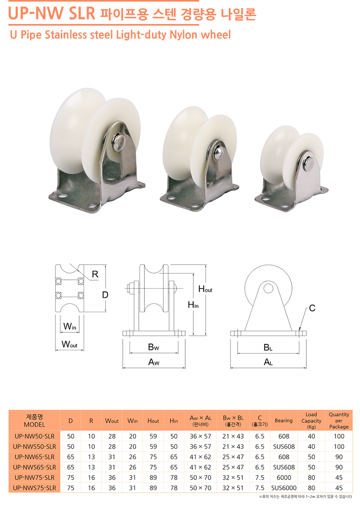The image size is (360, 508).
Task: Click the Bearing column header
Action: [284, 420]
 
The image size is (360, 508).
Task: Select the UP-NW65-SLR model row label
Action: [34, 457]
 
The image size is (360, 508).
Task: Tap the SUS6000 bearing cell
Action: [284, 488]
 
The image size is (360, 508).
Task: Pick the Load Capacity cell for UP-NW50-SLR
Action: [311, 436]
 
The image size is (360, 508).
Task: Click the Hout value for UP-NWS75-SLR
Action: [153, 488]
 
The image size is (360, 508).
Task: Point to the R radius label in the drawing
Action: [95, 274]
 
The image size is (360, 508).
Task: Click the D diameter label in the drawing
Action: [105, 295]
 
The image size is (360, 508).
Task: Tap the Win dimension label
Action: [70, 326]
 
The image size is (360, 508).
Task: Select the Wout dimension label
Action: [70, 344]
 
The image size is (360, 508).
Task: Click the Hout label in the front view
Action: [205, 289]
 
